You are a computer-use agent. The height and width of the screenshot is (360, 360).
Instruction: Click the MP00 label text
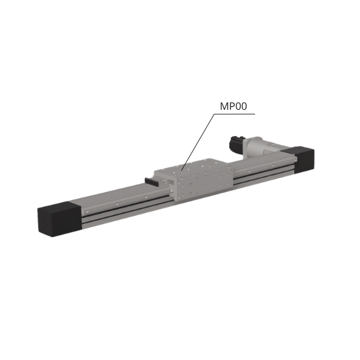[x=233, y=106]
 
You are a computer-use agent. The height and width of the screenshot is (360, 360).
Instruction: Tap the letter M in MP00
[x=224, y=106]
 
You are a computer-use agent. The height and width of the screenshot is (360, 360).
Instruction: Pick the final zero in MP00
[x=244, y=106]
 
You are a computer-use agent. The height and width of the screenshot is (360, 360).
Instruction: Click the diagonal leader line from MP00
[x=197, y=142]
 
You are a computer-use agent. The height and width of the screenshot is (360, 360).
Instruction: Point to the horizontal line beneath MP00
[x=235, y=114]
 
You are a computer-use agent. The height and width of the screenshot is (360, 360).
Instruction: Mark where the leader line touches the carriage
[x=181, y=170]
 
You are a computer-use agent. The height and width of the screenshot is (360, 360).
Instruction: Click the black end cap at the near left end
[x=60, y=218]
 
